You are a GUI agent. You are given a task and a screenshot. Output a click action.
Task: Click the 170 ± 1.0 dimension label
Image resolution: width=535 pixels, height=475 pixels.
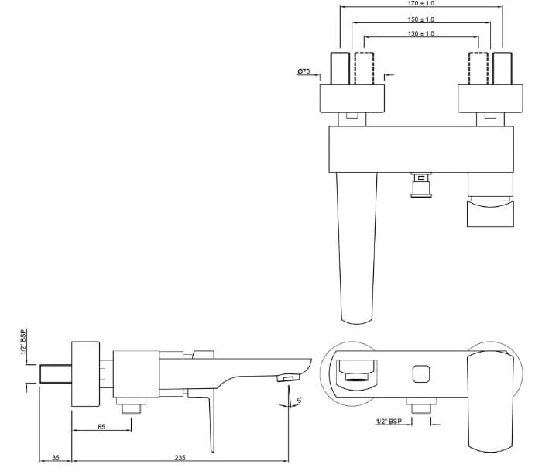tap(421, 3)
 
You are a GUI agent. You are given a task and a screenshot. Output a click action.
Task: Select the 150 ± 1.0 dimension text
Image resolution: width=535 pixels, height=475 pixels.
tap(421, 19)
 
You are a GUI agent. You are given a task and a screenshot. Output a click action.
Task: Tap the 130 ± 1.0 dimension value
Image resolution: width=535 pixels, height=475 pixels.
tap(421, 34)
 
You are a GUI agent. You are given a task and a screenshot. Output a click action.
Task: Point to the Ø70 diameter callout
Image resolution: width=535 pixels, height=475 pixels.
tap(304, 71)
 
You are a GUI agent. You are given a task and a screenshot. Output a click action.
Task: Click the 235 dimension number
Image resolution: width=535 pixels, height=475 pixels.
tap(180, 458)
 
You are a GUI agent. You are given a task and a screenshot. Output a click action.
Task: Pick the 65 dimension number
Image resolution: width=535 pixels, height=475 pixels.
tap(101, 426)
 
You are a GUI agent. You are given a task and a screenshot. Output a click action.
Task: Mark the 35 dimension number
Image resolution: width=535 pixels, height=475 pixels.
tap(55, 458)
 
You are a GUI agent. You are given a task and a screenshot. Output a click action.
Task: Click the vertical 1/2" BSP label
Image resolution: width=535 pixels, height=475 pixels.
tap(23, 342)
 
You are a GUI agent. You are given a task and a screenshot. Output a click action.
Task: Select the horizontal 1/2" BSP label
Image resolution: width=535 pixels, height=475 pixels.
tap(389, 422)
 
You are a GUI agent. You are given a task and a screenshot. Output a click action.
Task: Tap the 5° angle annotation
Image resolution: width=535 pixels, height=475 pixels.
tap(299, 400)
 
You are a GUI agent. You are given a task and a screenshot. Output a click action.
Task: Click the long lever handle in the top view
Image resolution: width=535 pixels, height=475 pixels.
tap(357, 248)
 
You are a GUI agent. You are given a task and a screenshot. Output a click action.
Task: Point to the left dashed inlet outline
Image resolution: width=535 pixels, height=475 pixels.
tap(364, 68)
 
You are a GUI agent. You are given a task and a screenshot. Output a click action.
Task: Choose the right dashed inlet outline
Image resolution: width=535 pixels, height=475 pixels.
tap(478, 68)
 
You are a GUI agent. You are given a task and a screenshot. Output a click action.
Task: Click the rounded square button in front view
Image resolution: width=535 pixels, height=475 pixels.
tap(421, 374)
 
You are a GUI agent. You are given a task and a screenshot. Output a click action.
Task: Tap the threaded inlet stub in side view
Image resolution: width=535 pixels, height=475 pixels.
tap(56, 374)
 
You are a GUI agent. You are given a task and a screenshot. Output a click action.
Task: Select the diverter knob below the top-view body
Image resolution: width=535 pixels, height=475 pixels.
tap(421, 185)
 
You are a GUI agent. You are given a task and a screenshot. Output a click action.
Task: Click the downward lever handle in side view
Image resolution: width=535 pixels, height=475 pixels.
tap(204, 422)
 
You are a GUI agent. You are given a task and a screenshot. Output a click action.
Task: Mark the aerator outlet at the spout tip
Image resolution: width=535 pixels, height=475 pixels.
tap(288, 377)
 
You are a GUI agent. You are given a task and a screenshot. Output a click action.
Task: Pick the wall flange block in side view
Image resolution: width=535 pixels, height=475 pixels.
tap(86, 374)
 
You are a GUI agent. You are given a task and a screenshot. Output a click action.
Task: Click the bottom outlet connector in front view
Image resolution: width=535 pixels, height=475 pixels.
tap(421, 405)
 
